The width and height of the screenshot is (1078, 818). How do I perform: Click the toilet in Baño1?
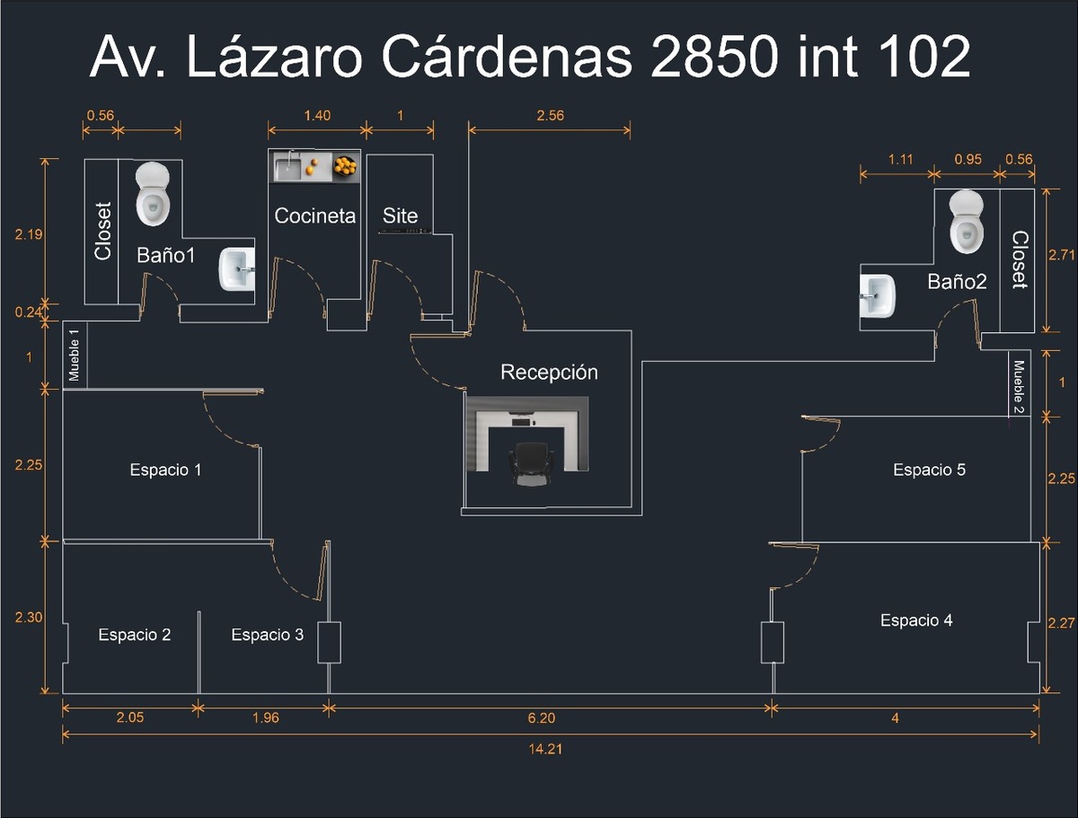pos(153,193)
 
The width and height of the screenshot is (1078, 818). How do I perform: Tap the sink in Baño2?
pos(876,295)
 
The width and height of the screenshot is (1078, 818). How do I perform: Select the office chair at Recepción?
pos(530,465)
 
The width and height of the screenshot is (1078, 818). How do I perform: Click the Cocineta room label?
pos(314,215)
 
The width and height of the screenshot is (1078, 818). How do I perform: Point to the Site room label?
pos(400,215)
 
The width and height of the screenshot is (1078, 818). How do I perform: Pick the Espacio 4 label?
pos(916,620)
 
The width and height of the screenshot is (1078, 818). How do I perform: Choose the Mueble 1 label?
pos(75,355)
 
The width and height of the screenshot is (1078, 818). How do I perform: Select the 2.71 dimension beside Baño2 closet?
pos(1062,255)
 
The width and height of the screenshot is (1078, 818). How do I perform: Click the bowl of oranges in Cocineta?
pos(344,165)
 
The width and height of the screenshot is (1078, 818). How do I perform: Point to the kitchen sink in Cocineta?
pos(287,166)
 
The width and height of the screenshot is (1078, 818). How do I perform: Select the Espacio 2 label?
pos(134,635)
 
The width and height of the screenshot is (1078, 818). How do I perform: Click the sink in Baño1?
pos(237,269)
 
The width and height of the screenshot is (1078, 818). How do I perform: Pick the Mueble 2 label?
pos(1019,385)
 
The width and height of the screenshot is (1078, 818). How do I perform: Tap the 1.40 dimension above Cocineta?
pos(317,115)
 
